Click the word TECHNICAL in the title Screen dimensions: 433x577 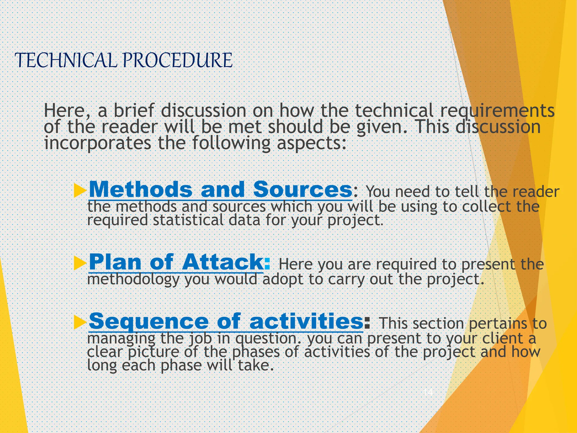(65, 60)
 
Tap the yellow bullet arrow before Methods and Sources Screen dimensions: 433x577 (80, 190)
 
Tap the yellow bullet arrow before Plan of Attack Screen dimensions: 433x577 (80, 263)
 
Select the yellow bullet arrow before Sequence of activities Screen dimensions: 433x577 (80, 322)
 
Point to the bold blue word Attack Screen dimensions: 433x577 (223, 262)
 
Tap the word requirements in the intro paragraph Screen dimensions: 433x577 (497, 111)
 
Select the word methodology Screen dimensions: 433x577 (133, 280)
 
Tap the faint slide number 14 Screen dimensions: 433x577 (428, 392)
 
